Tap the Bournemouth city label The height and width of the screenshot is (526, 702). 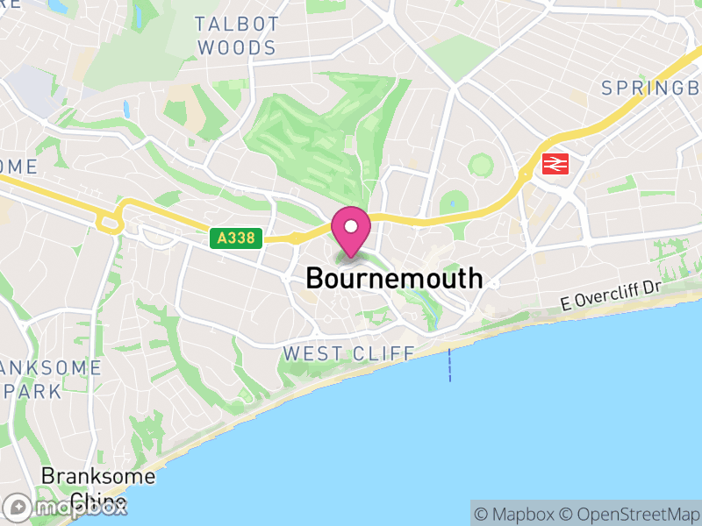(394, 279)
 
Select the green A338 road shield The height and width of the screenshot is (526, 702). (236, 238)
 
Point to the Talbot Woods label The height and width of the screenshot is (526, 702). (237, 36)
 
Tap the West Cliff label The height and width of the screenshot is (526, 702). (348, 354)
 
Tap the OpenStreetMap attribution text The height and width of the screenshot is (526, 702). (628, 514)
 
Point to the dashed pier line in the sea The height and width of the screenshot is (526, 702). (450, 365)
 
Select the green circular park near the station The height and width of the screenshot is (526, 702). (480, 164)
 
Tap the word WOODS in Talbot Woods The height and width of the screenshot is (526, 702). (237, 48)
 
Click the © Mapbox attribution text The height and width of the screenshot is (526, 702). (514, 514)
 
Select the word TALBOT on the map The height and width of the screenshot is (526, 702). (237, 24)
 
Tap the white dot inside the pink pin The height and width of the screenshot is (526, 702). (351, 227)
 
